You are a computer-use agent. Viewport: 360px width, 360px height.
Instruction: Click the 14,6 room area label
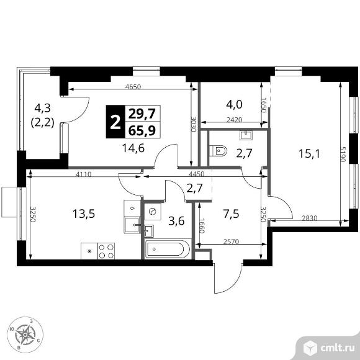[133, 148]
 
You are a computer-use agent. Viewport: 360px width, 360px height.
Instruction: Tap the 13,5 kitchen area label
[84, 214]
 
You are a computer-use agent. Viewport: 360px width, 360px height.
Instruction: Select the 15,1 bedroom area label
[309, 153]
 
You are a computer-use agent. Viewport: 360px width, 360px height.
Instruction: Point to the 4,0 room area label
[234, 104]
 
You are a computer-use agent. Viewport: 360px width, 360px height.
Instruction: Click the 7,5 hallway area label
[231, 214]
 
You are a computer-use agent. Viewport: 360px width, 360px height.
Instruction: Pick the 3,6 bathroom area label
[176, 221]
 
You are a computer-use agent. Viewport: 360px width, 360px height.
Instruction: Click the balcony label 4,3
[42, 107]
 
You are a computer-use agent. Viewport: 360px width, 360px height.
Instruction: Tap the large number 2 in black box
[115, 122]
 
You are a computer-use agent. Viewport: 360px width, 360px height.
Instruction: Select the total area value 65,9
[142, 130]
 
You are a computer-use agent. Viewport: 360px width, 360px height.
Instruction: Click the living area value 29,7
[142, 114]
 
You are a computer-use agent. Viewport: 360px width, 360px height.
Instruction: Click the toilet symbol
[218, 151]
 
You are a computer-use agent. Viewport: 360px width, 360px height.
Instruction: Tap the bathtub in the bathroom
[168, 249]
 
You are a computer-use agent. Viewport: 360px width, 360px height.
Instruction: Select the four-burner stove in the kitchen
[106, 251]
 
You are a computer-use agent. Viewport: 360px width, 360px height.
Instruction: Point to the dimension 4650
[133, 87]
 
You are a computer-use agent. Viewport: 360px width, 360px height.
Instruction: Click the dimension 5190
[343, 155]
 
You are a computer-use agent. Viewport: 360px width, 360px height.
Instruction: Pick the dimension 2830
[310, 218]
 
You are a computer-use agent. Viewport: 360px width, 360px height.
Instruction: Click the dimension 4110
[84, 174]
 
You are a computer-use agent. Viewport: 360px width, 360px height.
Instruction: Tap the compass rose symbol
[25, 335]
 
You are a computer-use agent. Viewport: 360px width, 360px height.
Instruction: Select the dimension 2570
[231, 241]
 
